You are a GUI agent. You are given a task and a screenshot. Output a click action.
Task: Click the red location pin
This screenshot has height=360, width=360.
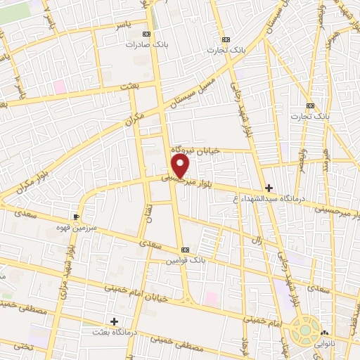tap(181, 166)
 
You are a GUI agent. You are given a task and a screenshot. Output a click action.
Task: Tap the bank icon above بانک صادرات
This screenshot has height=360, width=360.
tap(146, 34)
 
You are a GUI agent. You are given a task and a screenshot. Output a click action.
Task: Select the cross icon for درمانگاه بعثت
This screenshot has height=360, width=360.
tap(115, 321)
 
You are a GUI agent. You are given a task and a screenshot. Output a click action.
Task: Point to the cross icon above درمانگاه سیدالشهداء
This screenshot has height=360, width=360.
tap(269, 188)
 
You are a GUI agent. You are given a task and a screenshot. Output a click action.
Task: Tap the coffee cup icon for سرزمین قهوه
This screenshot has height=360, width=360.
tap(76, 217)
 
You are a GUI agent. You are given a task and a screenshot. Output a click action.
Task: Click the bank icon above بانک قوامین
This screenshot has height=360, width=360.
tap(185, 250)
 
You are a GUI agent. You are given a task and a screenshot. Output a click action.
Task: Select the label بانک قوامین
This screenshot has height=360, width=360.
tap(185, 260)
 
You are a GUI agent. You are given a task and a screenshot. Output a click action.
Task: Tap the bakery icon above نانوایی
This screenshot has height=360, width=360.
tap(324, 333)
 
